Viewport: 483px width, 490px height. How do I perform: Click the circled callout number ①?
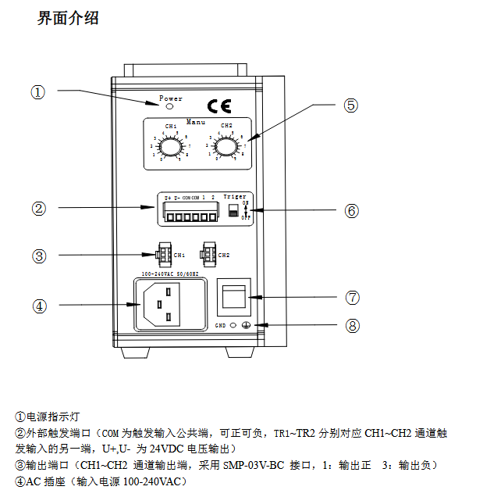click(38, 92)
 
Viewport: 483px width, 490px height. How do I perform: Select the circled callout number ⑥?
click(351, 210)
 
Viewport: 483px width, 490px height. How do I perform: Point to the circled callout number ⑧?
click(353, 325)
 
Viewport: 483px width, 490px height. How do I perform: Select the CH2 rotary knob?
click(226, 145)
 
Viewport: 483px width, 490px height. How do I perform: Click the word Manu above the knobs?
click(196, 121)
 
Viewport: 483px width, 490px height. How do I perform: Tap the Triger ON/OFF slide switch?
click(233, 211)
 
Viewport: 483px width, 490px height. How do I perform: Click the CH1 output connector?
click(162, 254)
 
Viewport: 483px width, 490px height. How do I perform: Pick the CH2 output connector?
click(208, 254)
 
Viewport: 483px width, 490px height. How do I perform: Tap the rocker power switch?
click(234, 298)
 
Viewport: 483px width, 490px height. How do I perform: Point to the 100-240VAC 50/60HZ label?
click(170, 274)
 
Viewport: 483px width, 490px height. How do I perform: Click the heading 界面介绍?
click(68, 17)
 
